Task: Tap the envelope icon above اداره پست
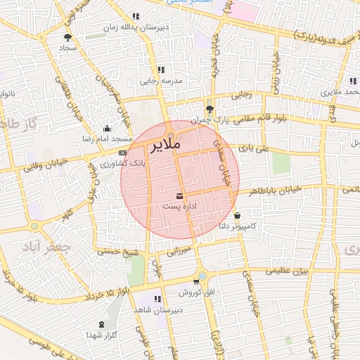tap(181, 195)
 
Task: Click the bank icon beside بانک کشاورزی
tap(123, 153)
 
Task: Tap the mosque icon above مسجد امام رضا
tap(107, 128)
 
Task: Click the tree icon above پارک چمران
tap(210, 108)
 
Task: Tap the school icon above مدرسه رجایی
tap(161, 70)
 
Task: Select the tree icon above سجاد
tap(67, 37)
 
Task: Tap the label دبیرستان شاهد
tap(179, 310)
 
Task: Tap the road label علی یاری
tap(253, 148)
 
